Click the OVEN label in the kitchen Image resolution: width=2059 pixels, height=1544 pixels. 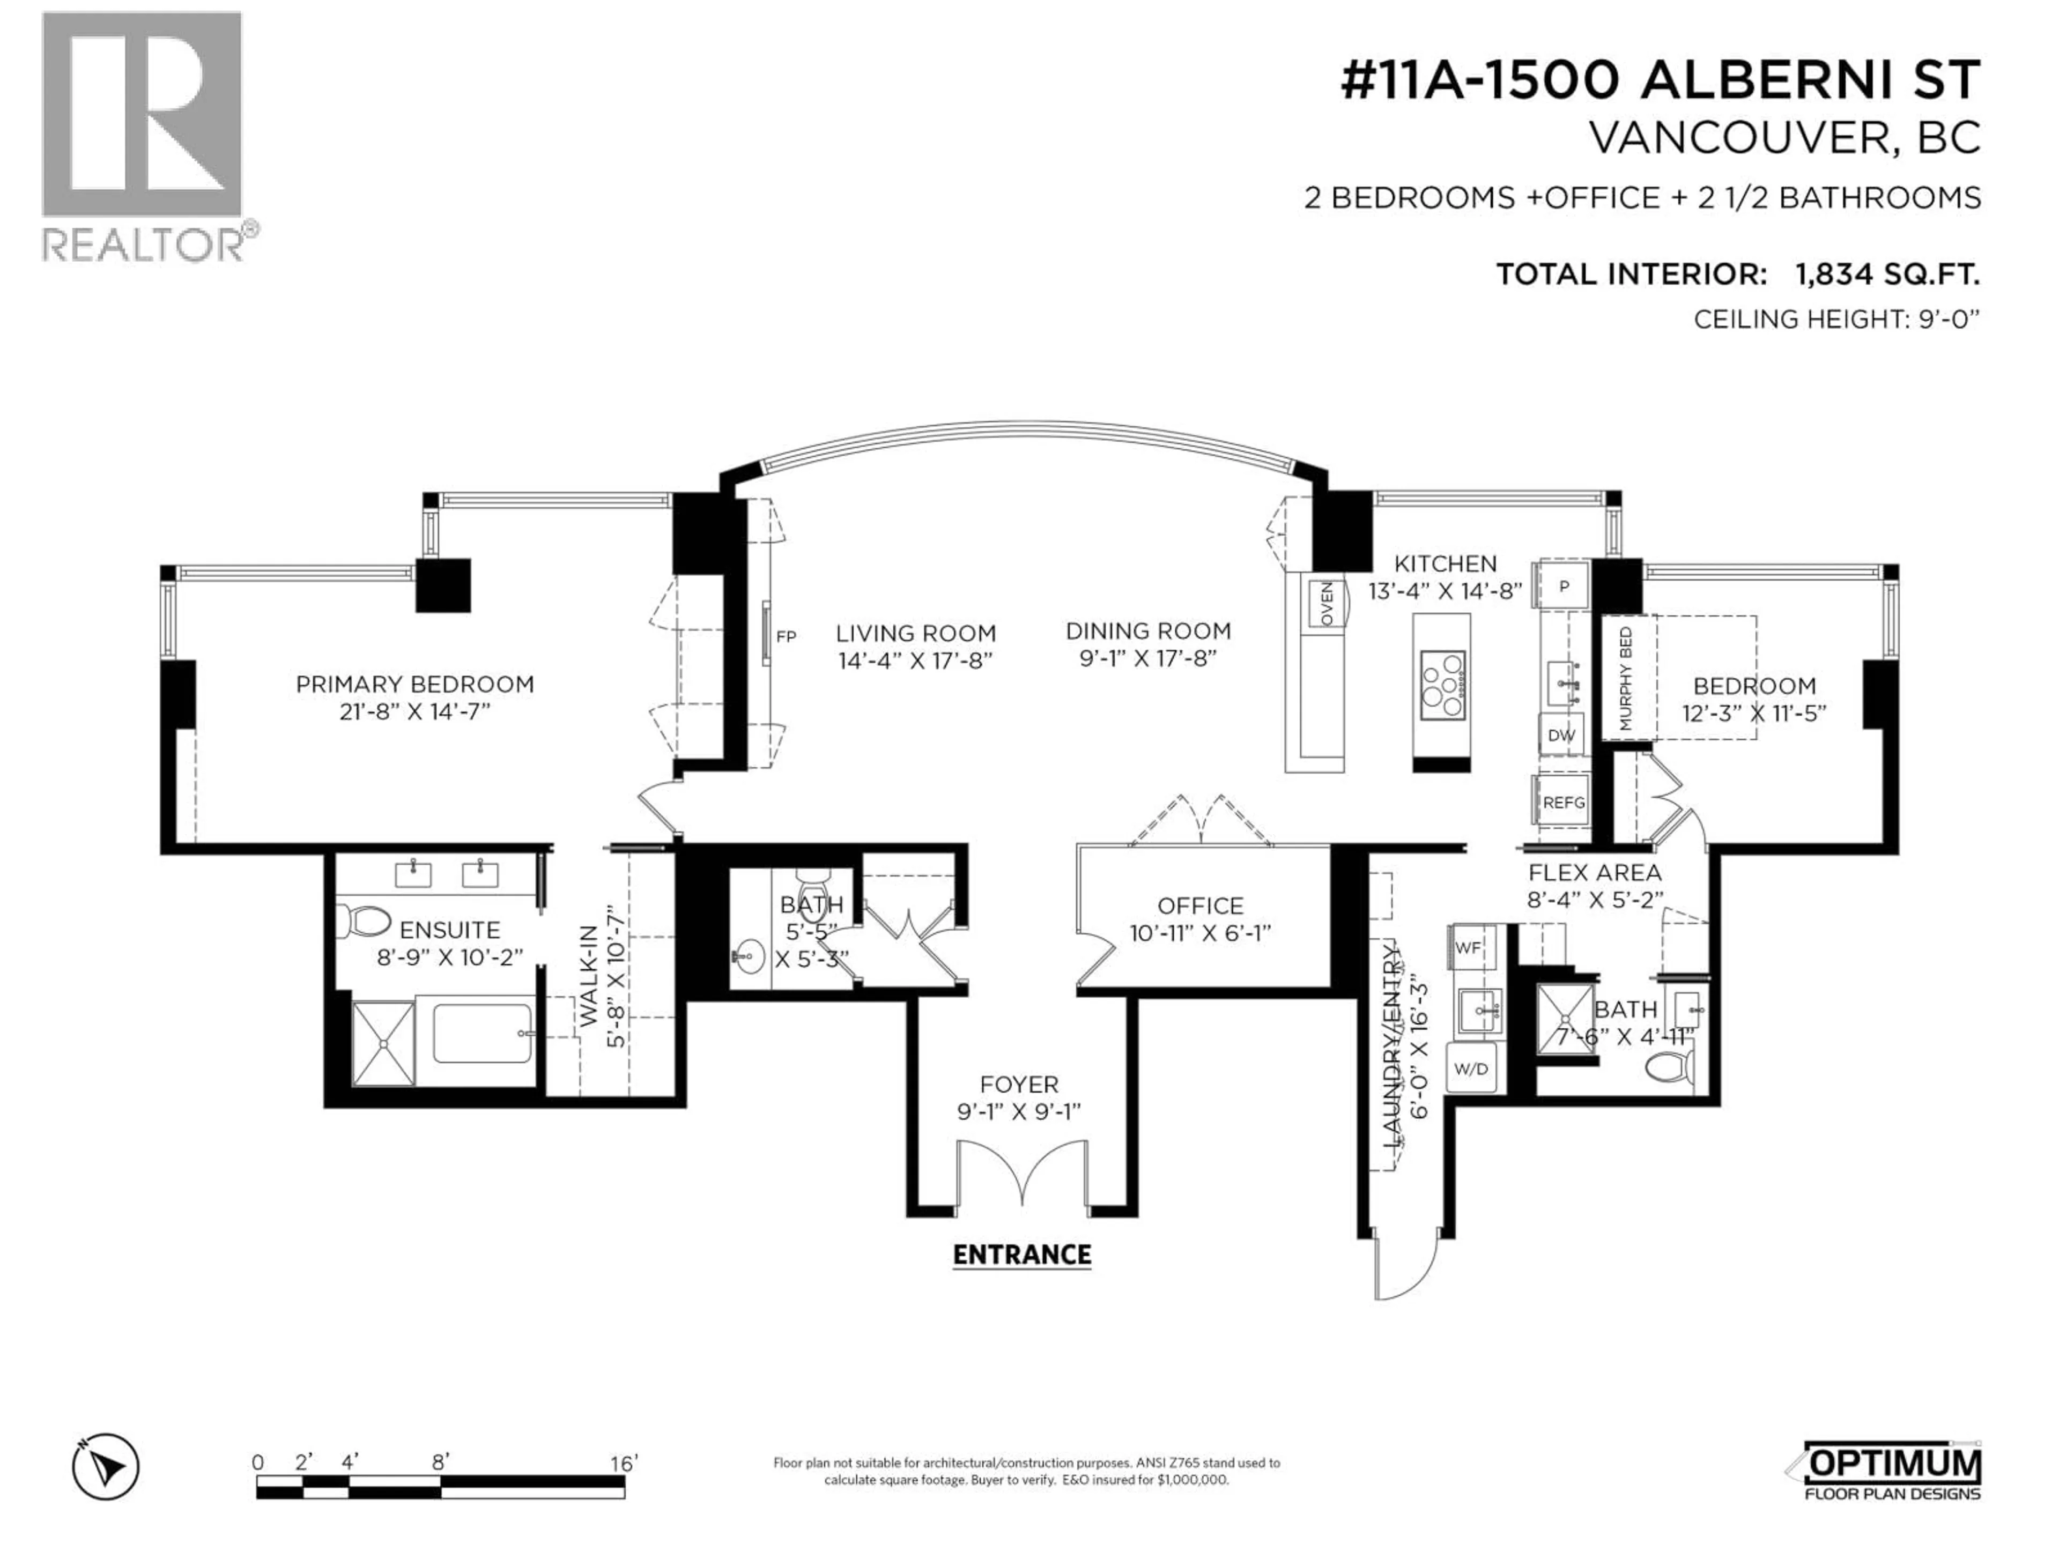(1327, 603)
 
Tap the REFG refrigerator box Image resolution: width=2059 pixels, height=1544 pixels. (1563, 801)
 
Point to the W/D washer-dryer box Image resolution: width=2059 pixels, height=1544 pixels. (1471, 1068)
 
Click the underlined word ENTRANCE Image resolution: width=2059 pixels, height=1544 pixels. (1021, 1254)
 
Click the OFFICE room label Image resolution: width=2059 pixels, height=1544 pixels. (1200, 905)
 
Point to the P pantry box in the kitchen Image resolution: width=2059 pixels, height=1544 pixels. (1564, 587)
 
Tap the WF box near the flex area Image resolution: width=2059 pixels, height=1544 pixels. (1468, 947)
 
